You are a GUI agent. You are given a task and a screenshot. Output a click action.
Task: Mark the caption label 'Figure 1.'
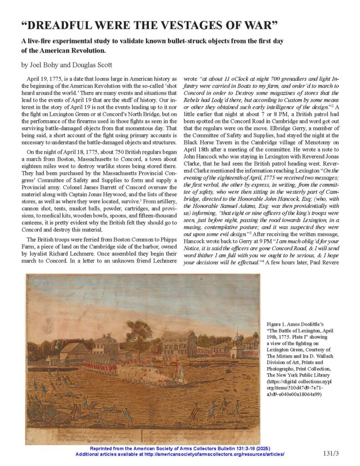coord(278,323)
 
